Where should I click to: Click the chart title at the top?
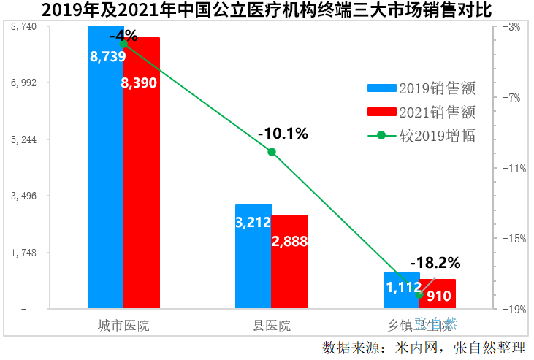267,10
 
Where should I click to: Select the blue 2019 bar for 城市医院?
105,183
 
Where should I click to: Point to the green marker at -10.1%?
272,152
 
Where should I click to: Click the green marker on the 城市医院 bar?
123,44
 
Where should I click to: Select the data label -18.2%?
435,262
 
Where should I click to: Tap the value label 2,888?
289,241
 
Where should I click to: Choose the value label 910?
438,296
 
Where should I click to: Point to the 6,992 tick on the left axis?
26,83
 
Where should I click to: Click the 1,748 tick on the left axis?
26,253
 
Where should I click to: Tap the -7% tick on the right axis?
511,97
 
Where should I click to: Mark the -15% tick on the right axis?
511,239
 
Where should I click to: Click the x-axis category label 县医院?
271,325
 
